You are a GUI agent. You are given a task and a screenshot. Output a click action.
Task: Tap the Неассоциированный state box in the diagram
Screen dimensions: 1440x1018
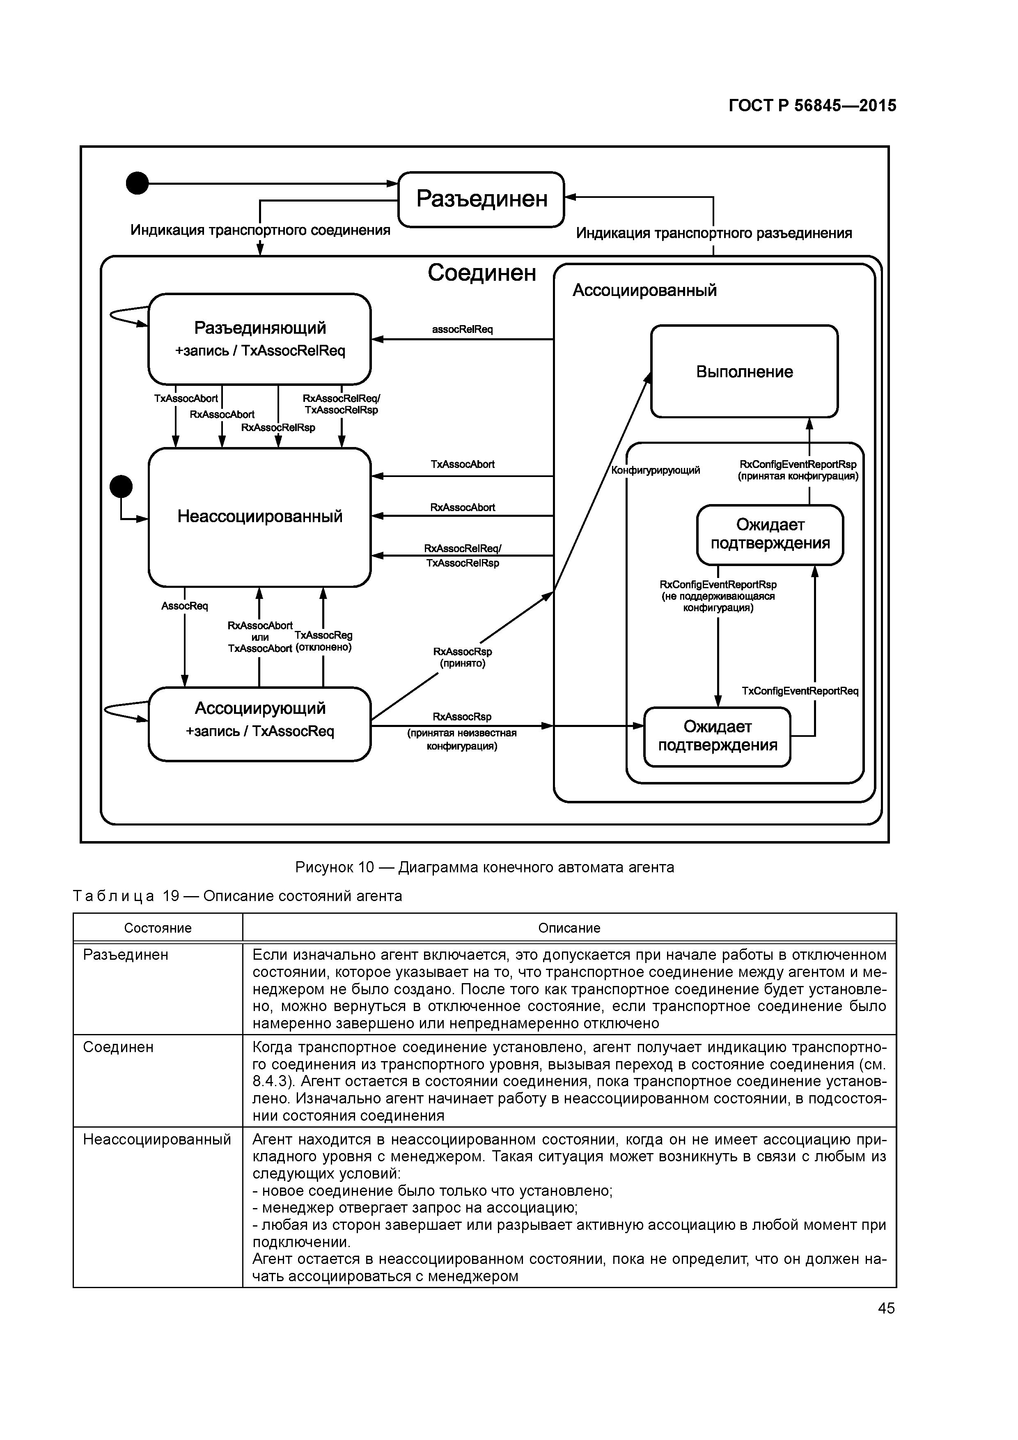260,517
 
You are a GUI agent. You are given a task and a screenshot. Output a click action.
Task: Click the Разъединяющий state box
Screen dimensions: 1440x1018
260,339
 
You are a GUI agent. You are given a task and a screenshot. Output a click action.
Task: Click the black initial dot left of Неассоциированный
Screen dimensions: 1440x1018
121,486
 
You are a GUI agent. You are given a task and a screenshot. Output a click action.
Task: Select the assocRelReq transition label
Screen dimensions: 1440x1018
462,329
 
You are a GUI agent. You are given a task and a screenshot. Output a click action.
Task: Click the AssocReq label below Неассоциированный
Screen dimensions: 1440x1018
184,606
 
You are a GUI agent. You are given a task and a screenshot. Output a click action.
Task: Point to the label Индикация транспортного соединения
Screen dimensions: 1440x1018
260,230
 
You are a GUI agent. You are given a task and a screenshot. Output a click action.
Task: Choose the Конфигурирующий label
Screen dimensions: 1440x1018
656,470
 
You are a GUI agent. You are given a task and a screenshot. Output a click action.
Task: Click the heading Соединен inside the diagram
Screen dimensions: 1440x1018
482,273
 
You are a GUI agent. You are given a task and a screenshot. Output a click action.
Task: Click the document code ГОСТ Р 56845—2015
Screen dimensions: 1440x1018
812,105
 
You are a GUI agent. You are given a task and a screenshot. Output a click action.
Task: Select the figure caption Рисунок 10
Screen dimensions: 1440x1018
484,867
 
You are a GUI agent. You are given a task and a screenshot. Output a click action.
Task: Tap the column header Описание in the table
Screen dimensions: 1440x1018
569,928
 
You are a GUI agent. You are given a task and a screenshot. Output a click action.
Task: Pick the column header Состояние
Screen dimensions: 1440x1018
158,928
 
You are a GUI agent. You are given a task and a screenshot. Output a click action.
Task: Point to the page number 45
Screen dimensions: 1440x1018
886,1308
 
